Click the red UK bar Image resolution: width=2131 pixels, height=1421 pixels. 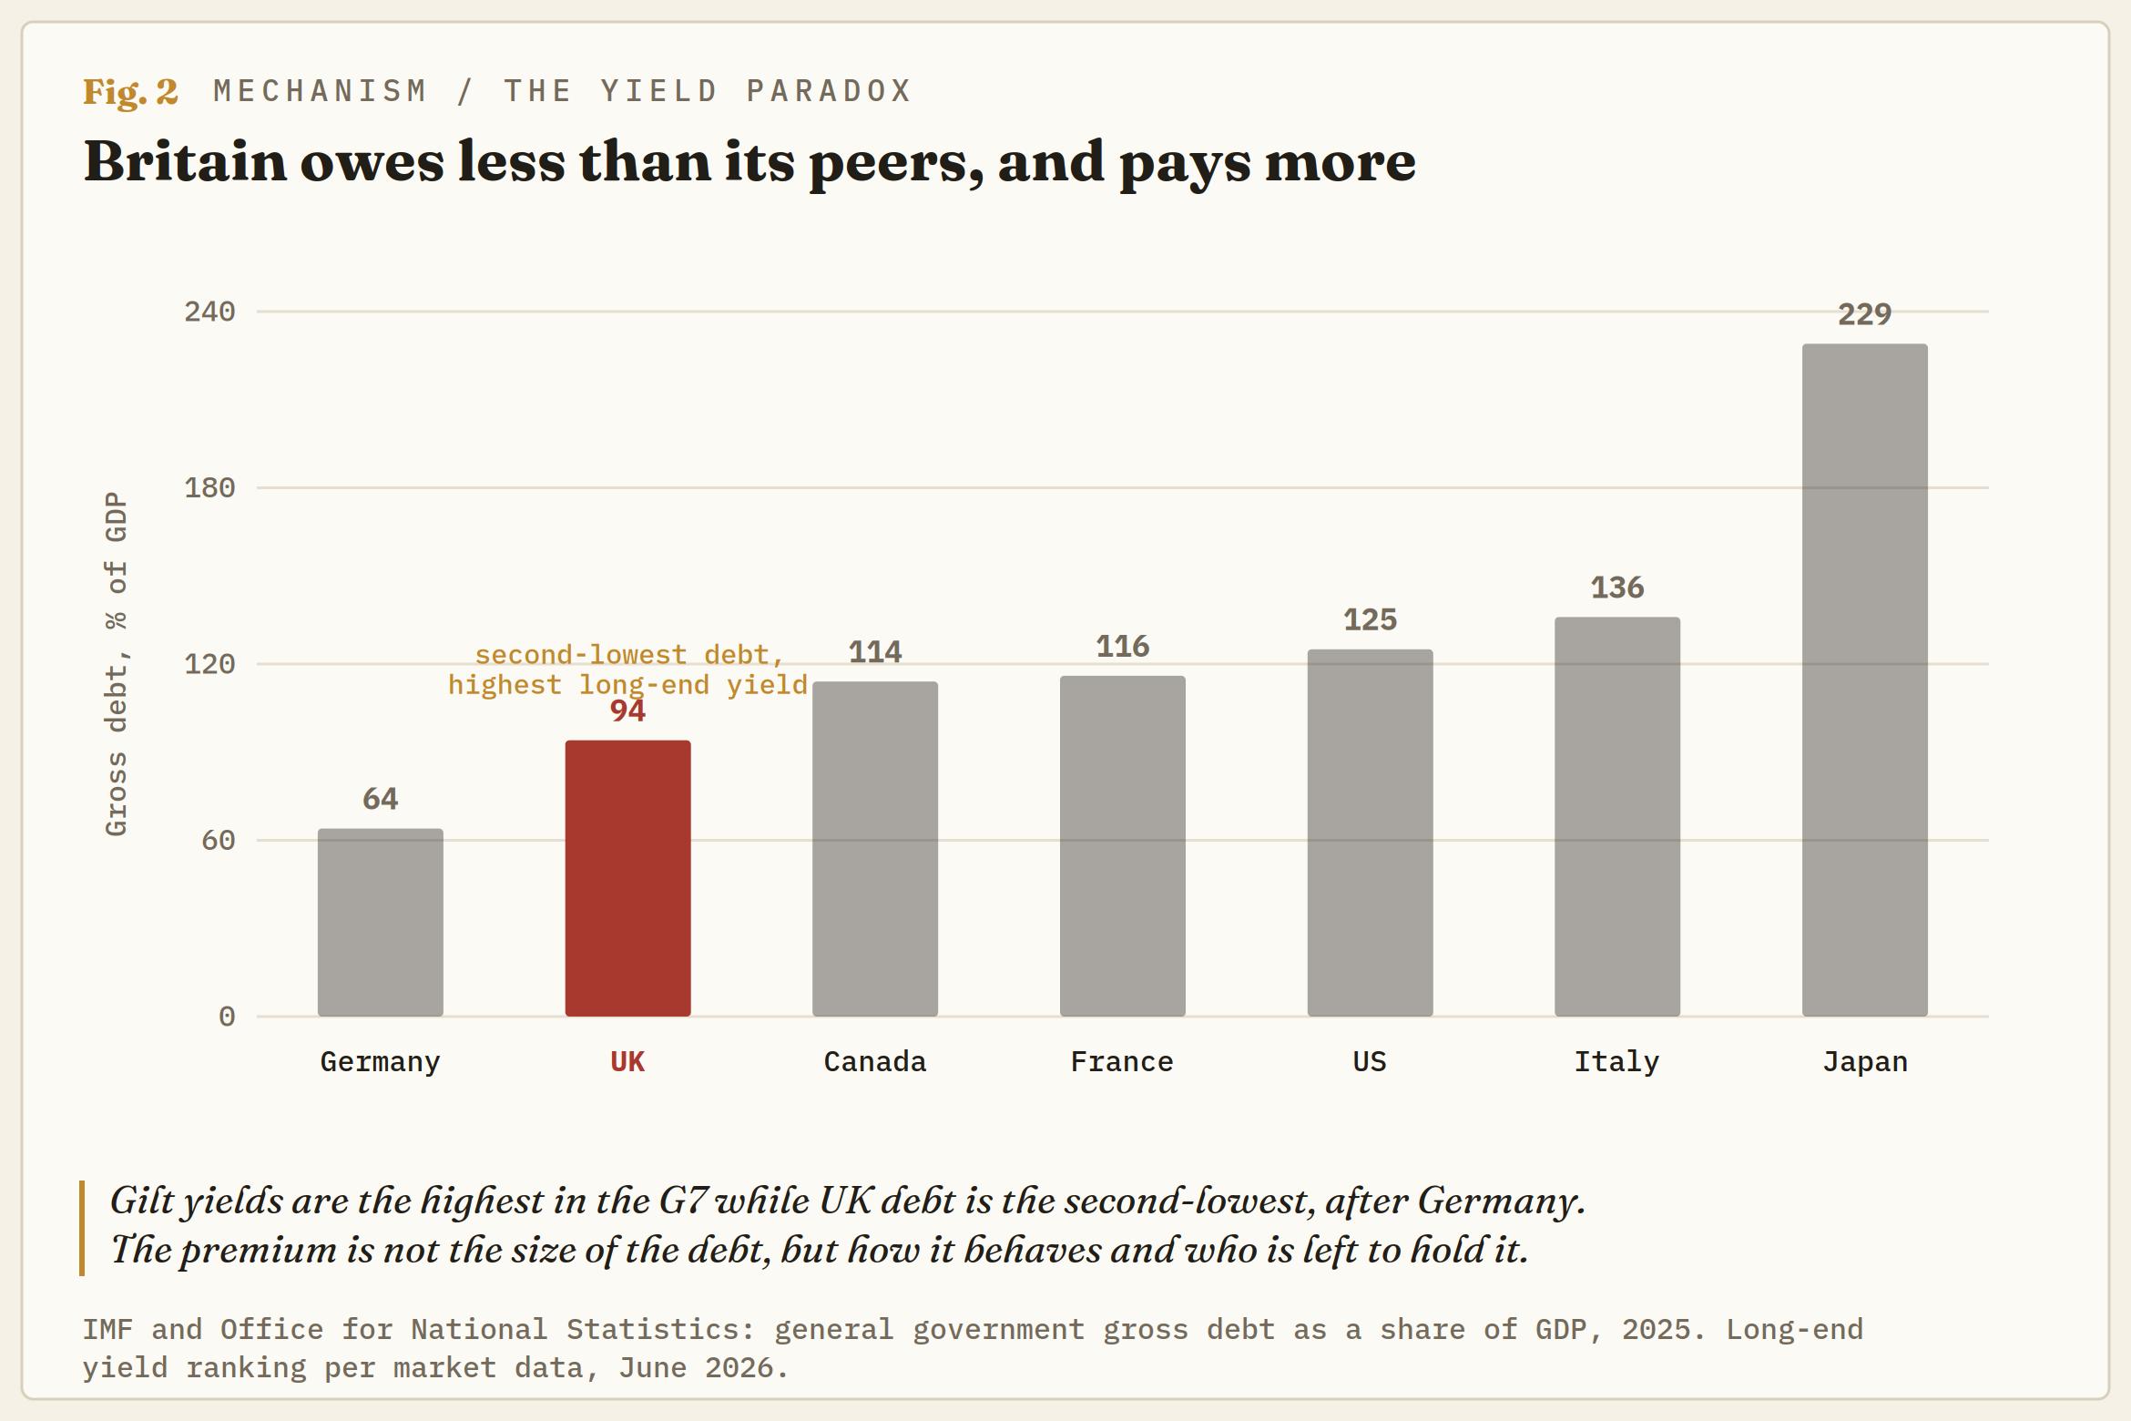(627, 878)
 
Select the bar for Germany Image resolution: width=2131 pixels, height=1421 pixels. (381, 922)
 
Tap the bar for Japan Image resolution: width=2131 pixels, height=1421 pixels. (1864, 680)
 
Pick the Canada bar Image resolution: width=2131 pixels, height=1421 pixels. (875, 849)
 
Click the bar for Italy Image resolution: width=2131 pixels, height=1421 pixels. (1617, 816)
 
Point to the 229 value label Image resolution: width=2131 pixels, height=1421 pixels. (1864, 314)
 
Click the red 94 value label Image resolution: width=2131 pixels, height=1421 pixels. (627, 710)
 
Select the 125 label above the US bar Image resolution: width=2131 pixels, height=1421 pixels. (1370, 619)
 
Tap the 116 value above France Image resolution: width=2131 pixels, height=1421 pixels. (1122, 647)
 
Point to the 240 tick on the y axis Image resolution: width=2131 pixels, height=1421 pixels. (209, 312)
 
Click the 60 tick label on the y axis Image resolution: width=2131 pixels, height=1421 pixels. (219, 840)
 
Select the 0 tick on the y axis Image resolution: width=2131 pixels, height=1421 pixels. (227, 1017)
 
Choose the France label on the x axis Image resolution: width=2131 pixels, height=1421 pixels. (1122, 1062)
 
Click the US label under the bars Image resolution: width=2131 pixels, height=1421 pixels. (1370, 1062)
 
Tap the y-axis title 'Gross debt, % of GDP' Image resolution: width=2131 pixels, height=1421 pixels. (117, 664)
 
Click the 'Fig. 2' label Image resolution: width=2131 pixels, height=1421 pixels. (130, 91)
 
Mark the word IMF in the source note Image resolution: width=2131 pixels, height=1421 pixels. (108, 1330)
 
